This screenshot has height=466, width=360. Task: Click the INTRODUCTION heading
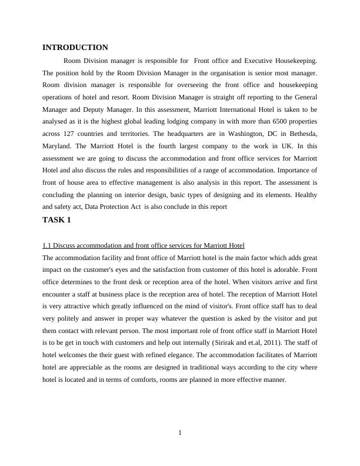tap(75, 48)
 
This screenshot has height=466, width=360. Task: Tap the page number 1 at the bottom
tap(180, 434)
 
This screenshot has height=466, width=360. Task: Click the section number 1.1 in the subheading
tap(48, 245)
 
